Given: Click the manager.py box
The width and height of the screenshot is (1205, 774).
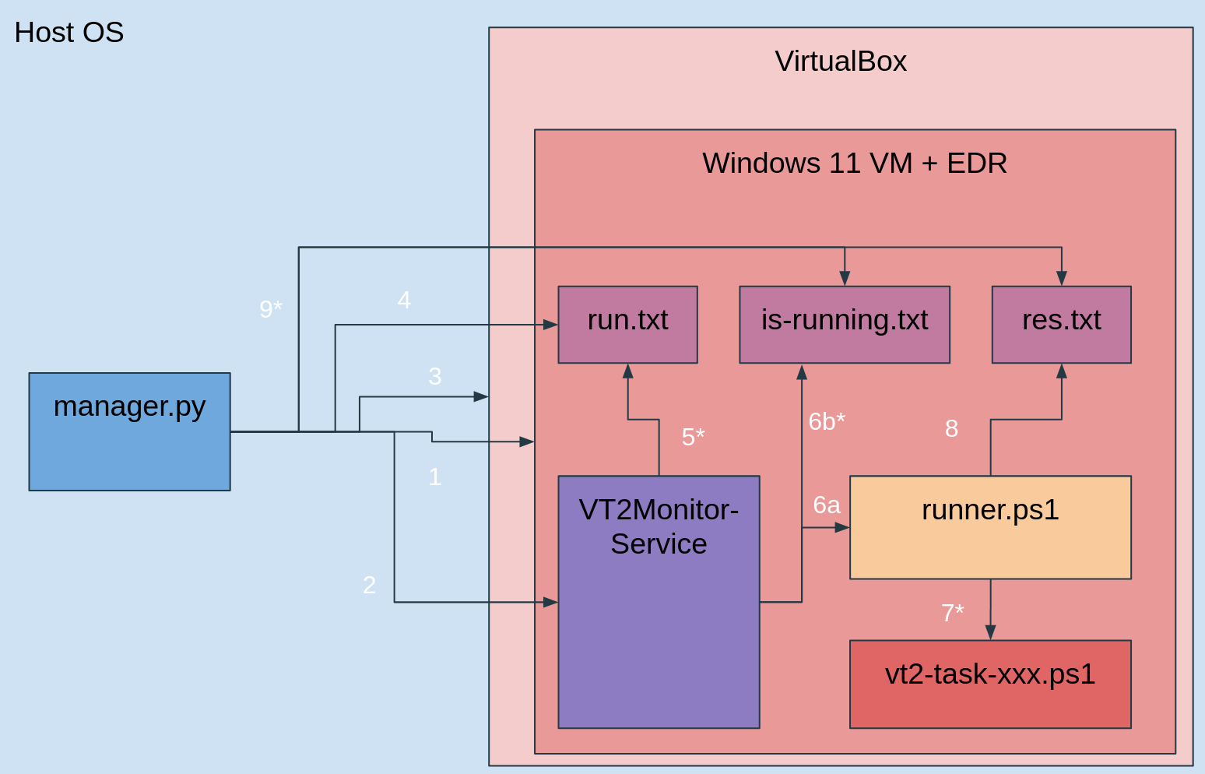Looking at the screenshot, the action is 130,431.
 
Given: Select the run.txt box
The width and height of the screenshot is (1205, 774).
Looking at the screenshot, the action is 627,325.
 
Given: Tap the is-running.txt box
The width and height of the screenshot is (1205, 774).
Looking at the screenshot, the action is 845,325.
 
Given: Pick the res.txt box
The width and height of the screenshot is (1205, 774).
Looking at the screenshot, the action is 1061,325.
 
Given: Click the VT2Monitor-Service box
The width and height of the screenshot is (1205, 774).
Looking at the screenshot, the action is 659,602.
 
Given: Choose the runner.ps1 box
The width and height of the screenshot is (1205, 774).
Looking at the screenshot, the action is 990,527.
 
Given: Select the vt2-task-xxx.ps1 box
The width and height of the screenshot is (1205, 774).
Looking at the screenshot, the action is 990,684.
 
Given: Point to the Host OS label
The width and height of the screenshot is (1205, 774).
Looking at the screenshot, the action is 69,32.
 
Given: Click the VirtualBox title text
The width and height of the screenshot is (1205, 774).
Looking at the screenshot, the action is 841,61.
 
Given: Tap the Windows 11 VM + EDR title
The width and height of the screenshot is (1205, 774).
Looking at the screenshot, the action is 855,163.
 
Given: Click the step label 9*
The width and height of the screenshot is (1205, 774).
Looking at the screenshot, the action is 271,309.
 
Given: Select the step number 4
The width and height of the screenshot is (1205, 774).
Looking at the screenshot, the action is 404,300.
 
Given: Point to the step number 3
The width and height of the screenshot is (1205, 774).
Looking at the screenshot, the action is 434,376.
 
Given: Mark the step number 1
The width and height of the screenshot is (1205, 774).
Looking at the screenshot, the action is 434,477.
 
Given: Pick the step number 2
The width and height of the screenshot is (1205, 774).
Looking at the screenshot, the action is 369,585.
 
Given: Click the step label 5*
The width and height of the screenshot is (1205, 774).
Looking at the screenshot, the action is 693,437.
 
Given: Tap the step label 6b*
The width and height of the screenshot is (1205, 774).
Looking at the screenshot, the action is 827,421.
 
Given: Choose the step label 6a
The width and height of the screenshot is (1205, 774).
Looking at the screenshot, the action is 827,505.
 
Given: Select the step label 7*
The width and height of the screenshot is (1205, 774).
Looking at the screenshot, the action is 952,613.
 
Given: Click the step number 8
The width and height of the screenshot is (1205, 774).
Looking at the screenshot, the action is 952,428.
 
